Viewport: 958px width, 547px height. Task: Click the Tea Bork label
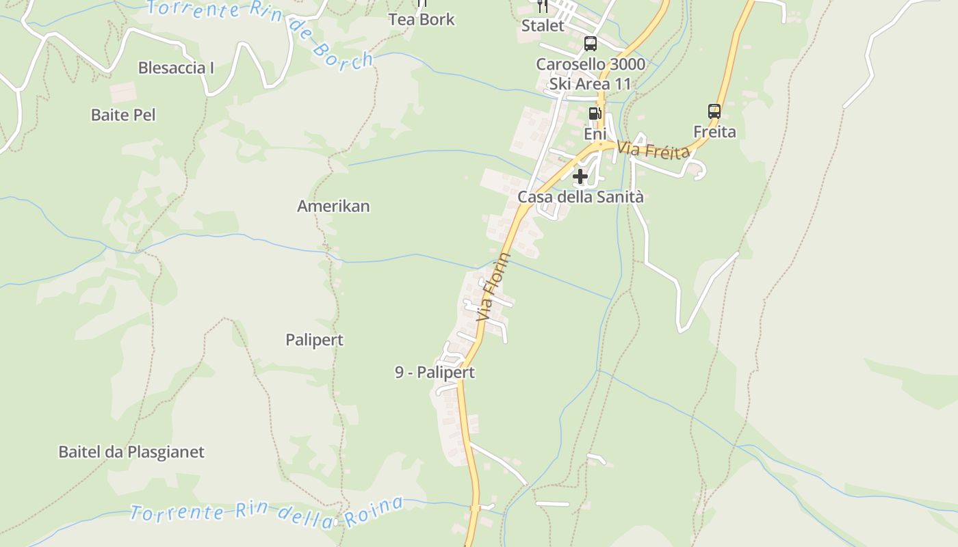point(422,19)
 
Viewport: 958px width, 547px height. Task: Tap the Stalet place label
point(543,26)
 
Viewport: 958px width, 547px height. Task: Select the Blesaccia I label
point(176,68)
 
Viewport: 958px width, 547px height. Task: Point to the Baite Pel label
point(123,115)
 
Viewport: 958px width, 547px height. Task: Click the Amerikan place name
point(333,206)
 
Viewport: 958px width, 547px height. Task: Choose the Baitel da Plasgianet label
point(131,452)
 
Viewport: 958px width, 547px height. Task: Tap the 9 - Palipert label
point(435,373)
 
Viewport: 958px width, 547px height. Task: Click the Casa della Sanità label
point(580,197)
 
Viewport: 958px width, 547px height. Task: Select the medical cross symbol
point(580,177)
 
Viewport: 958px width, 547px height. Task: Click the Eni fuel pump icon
point(595,113)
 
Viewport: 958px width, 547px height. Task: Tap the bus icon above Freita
point(714,111)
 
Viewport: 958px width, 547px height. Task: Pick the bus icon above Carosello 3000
point(590,44)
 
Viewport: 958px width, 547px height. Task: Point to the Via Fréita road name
point(653,150)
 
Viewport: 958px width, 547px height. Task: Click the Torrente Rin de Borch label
point(260,27)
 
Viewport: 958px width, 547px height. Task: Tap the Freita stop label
point(714,131)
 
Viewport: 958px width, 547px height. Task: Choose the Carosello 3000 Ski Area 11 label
point(590,74)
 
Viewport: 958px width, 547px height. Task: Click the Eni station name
point(595,133)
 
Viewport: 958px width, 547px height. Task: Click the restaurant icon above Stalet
point(543,6)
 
